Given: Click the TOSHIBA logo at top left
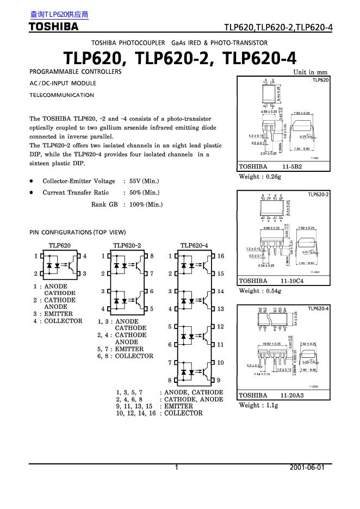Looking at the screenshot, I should point(54,26).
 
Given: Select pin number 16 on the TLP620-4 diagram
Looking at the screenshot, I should point(220,256).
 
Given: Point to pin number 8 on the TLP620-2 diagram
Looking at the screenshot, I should point(152,256).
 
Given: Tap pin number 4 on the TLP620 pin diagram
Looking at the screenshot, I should point(84,256).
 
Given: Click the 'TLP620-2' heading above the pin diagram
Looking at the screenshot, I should point(127,245).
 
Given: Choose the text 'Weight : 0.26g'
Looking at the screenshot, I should point(258,177).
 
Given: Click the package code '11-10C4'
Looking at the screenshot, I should point(292,281).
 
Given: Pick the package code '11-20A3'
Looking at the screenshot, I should point(292,395).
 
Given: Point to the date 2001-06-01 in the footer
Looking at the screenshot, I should point(307,468).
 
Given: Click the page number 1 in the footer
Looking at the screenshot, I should point(177,468).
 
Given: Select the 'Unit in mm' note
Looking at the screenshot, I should point(311,72).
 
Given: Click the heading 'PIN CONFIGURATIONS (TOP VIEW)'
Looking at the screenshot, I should point(77,233).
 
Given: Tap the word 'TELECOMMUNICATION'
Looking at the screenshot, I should point(61,95).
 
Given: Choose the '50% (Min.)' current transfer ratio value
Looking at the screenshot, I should point(144,193).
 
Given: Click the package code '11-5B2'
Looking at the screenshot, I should point(291,167).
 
